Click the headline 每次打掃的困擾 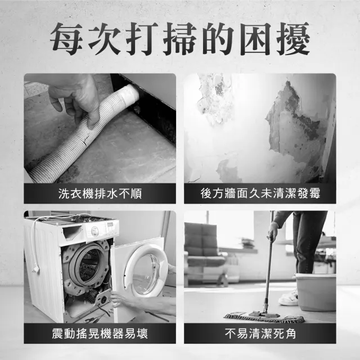click(x=180, y=39)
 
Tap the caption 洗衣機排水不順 click(x=100, y=193)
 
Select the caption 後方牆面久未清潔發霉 click(x=260, y=193)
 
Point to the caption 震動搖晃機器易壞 click(x=100, y=334)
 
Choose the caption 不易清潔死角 click(x=260, y=334)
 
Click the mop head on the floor click(x=264, y=317)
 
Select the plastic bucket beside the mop click(x=315, y=291)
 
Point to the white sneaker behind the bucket click(x=289, y=298)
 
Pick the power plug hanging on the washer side click(x=35, y=269)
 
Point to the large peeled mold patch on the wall click(x=296, y=124)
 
